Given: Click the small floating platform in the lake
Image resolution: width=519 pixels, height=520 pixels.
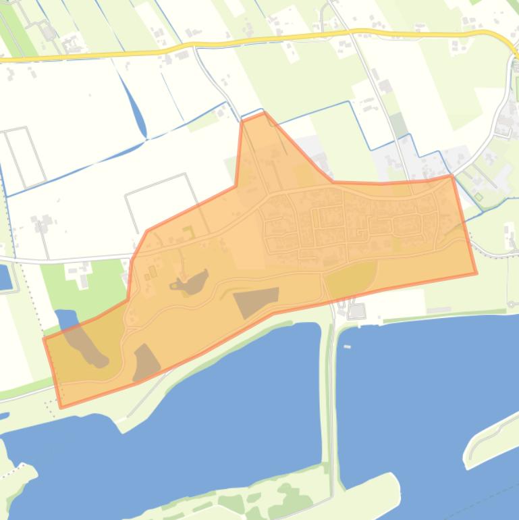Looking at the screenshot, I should coord(348,346).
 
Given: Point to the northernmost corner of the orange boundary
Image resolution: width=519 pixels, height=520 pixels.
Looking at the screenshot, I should coord(263,113).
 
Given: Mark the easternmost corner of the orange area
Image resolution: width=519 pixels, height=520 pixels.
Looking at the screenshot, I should coord(476,274).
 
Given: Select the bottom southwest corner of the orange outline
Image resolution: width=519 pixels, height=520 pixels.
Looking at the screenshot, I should coord(61,407).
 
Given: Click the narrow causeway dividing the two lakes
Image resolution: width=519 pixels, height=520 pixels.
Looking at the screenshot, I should coord(329,405).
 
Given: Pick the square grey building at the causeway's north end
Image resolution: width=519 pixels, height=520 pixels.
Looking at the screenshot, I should coord(356,311).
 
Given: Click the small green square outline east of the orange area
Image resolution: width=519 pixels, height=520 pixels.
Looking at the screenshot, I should coord(479,197).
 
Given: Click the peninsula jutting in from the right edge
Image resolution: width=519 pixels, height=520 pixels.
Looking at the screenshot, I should coord(489,436).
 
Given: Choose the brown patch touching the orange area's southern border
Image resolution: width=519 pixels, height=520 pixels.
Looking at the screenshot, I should coord(146,362).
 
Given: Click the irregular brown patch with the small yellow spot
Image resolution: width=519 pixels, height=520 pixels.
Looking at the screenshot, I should coord(191,282).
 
